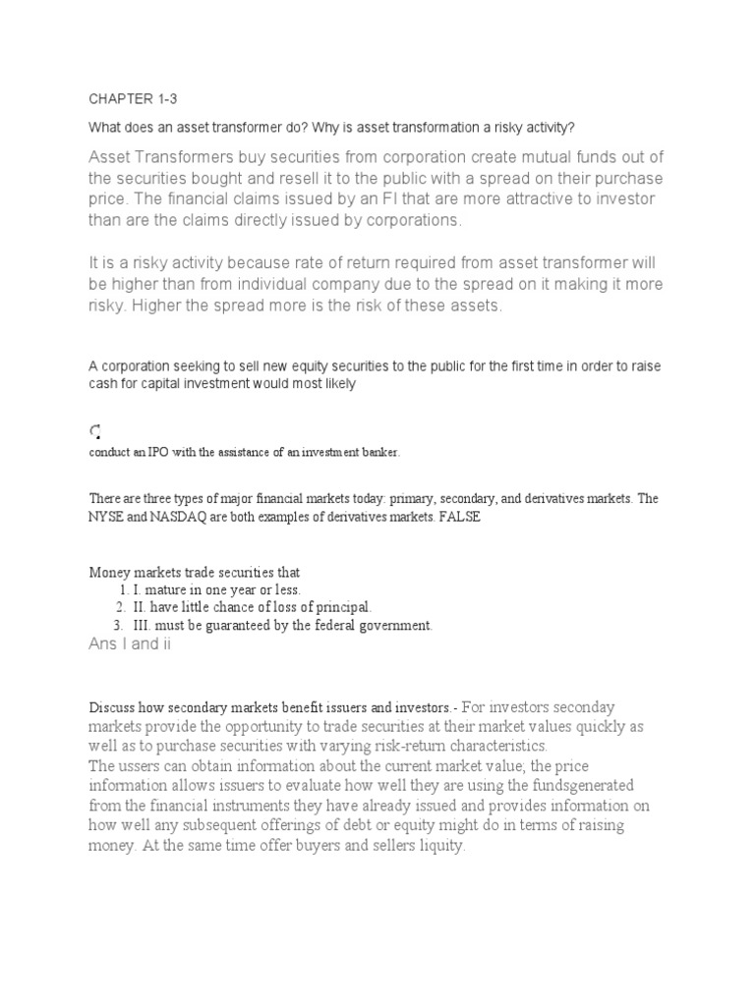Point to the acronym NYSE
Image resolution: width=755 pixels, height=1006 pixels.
coord(108,518)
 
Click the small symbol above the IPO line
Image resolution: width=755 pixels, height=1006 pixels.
coord(94,430)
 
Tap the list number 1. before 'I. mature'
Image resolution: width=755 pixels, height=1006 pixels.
coord(122,589)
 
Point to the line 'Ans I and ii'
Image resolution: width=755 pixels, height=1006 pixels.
coord(131,644)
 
